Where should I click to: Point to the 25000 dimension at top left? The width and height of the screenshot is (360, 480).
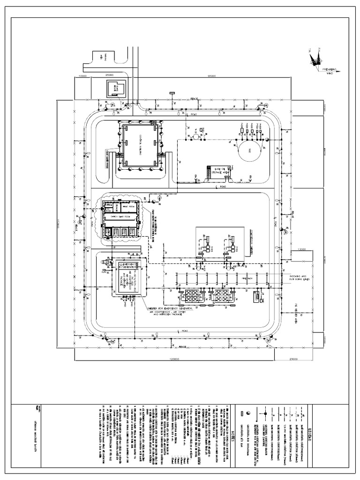110,75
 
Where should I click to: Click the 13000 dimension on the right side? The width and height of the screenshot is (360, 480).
299,249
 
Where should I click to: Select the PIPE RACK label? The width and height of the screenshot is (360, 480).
233,278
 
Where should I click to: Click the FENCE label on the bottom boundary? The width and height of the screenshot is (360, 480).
183,347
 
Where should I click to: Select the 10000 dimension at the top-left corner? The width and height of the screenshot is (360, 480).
83,75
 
